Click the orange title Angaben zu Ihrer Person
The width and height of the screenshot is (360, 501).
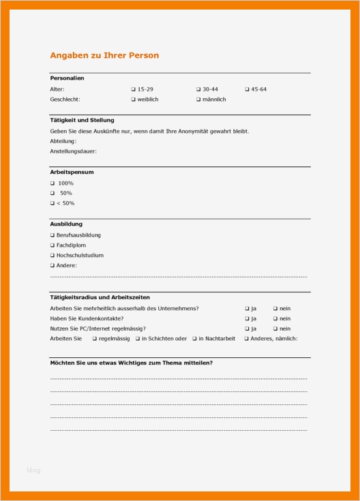(x=104, y=55)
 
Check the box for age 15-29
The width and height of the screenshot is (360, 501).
(x=134, y=89)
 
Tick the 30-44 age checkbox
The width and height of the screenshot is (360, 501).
(x=198, y=89)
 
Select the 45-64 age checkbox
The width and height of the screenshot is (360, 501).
(x=247, y=89)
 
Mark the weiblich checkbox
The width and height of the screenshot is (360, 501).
(x=134, y=100)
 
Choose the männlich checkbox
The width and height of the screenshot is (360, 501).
(x=198, y=100)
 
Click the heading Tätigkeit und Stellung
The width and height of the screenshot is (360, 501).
(x=82, y=120)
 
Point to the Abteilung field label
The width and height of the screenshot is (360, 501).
(x=63, y=141)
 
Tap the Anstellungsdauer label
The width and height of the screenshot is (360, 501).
(x=73, y=151)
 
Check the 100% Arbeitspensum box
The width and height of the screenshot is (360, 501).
(x=52, y=183)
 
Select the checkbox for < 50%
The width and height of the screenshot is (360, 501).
(x=52, y=203)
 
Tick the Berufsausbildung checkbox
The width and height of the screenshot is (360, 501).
(x=52, y=235)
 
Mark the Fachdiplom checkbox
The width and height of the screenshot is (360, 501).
(x=52, y=245)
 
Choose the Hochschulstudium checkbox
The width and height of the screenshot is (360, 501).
(x=52, y=256)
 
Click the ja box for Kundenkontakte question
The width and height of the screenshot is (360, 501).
(x=247, y=318)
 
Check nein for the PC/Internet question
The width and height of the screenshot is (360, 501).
(x=275, y=329)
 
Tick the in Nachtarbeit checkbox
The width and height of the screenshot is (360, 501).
(x=194, y=338)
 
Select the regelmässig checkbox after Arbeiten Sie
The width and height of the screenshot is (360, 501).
(x=95, y=338)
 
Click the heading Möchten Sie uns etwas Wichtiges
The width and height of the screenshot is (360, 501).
(x=131, y=363)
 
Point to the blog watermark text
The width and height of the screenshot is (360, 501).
(x=34, y=470)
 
